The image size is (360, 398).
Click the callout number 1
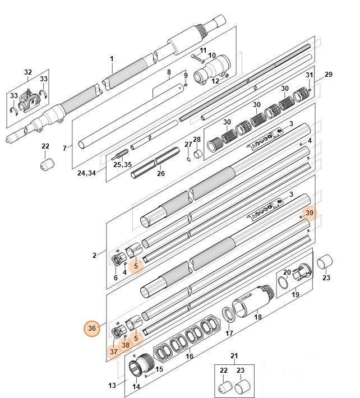click(112, 59)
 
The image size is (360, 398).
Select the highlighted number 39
click(310, 214)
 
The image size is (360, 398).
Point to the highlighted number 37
click(114, 351)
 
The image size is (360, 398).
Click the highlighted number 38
click(126, 345)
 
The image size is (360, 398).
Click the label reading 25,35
click(122, 165)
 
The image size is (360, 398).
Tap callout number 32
click(28, 72)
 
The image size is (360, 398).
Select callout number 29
click(329, 75)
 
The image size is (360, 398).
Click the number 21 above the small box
click(234, 356)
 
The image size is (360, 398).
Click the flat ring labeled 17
click(229, 316)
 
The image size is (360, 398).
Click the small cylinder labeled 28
click(198, 153)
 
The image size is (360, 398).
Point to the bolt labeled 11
click(196, 58)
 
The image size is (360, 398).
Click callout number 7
click(64, 148)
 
